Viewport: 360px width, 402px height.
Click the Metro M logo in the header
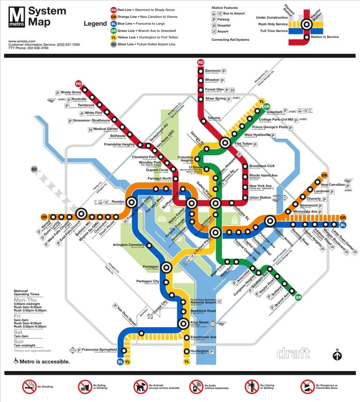coord(17,18)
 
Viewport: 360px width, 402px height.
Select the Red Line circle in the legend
coord(113,10)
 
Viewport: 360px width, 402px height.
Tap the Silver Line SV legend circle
coord(113,45)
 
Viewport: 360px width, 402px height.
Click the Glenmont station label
coord(212,71)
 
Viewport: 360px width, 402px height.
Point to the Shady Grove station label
coord(71,92)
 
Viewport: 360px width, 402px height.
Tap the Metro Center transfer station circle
coord(191,203)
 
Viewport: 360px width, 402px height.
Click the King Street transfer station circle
coord(183,323)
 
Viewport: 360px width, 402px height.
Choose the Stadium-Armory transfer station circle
coord(270,221)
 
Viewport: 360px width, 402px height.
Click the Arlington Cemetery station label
coord(128,245)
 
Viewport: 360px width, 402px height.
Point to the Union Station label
coord(260,197)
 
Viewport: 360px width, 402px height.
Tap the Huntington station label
coord(200,351)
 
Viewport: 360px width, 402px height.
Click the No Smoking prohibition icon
coord(29,387)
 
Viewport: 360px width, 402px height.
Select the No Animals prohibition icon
coord(140,387)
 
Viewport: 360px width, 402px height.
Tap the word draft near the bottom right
coord(293,352)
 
